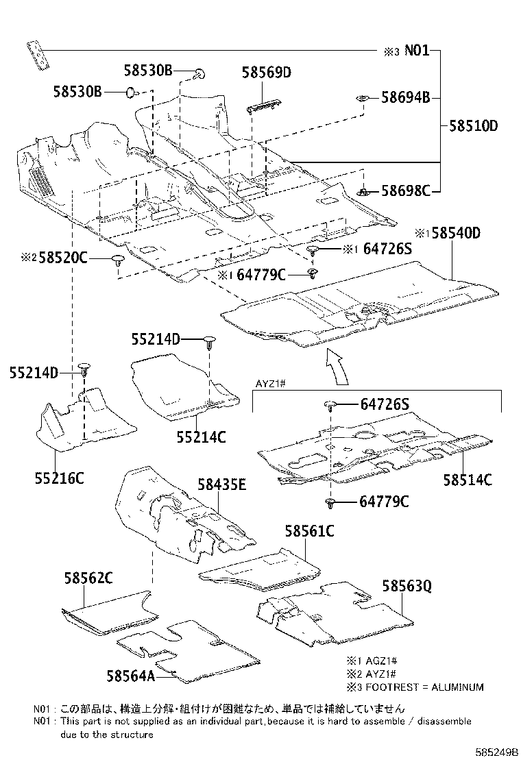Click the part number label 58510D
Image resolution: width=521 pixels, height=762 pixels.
coord(473,125)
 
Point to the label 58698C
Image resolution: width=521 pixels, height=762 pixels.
coord(405,190)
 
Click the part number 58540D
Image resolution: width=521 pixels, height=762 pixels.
coord(450,234)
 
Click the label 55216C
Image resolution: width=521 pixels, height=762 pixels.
coord(60,478)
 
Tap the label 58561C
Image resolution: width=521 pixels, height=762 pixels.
coord(310,530)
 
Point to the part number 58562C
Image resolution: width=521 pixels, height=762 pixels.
coord(88,578)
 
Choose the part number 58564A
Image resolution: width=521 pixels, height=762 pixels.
coord(130,675)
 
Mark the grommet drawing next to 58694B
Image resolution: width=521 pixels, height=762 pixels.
coord(361,99)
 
